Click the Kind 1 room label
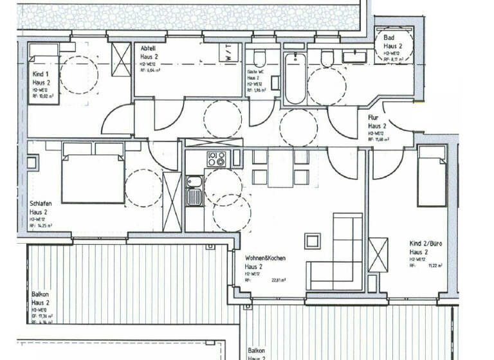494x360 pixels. tap(41, 75)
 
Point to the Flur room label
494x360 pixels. tap(372, 118)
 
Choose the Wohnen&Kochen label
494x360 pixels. tap(265, 258)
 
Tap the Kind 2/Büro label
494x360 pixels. tap(425, 244)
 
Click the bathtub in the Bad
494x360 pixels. tap(295, 79)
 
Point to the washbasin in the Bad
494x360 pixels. tap(354, 57)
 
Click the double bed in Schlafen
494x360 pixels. tap(93, 174)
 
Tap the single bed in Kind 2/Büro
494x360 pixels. tap(431, 175)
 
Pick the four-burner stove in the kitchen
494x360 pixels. tap(215, 159)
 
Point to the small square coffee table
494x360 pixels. tap(313, 241)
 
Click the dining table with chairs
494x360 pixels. tap(280, 168)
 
